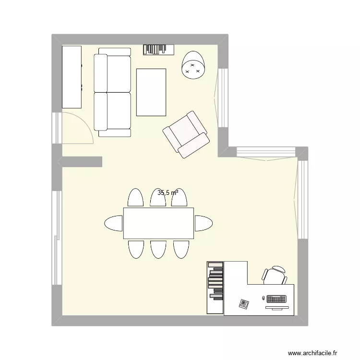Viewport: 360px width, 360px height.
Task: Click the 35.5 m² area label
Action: pos(168,193)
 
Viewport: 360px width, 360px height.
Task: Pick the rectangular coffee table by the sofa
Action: pos(151,92)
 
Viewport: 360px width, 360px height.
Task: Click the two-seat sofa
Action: pos(112,92)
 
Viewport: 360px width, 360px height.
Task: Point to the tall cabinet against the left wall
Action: pos(72,77)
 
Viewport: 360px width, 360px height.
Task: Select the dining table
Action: pos(158,223)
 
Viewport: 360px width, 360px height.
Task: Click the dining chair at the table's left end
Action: pos(114,223)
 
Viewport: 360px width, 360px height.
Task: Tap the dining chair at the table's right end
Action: pos(203,223)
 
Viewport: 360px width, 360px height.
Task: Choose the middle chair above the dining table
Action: pos(158,197)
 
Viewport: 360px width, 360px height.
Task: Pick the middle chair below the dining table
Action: pos(158,249)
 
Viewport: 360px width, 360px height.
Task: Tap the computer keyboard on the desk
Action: pos(277,299)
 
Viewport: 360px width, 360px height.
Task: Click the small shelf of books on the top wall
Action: pos(157,49)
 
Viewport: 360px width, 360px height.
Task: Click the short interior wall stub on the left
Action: pos(82,162)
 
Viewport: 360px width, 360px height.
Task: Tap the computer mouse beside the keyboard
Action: pos(263,299)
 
